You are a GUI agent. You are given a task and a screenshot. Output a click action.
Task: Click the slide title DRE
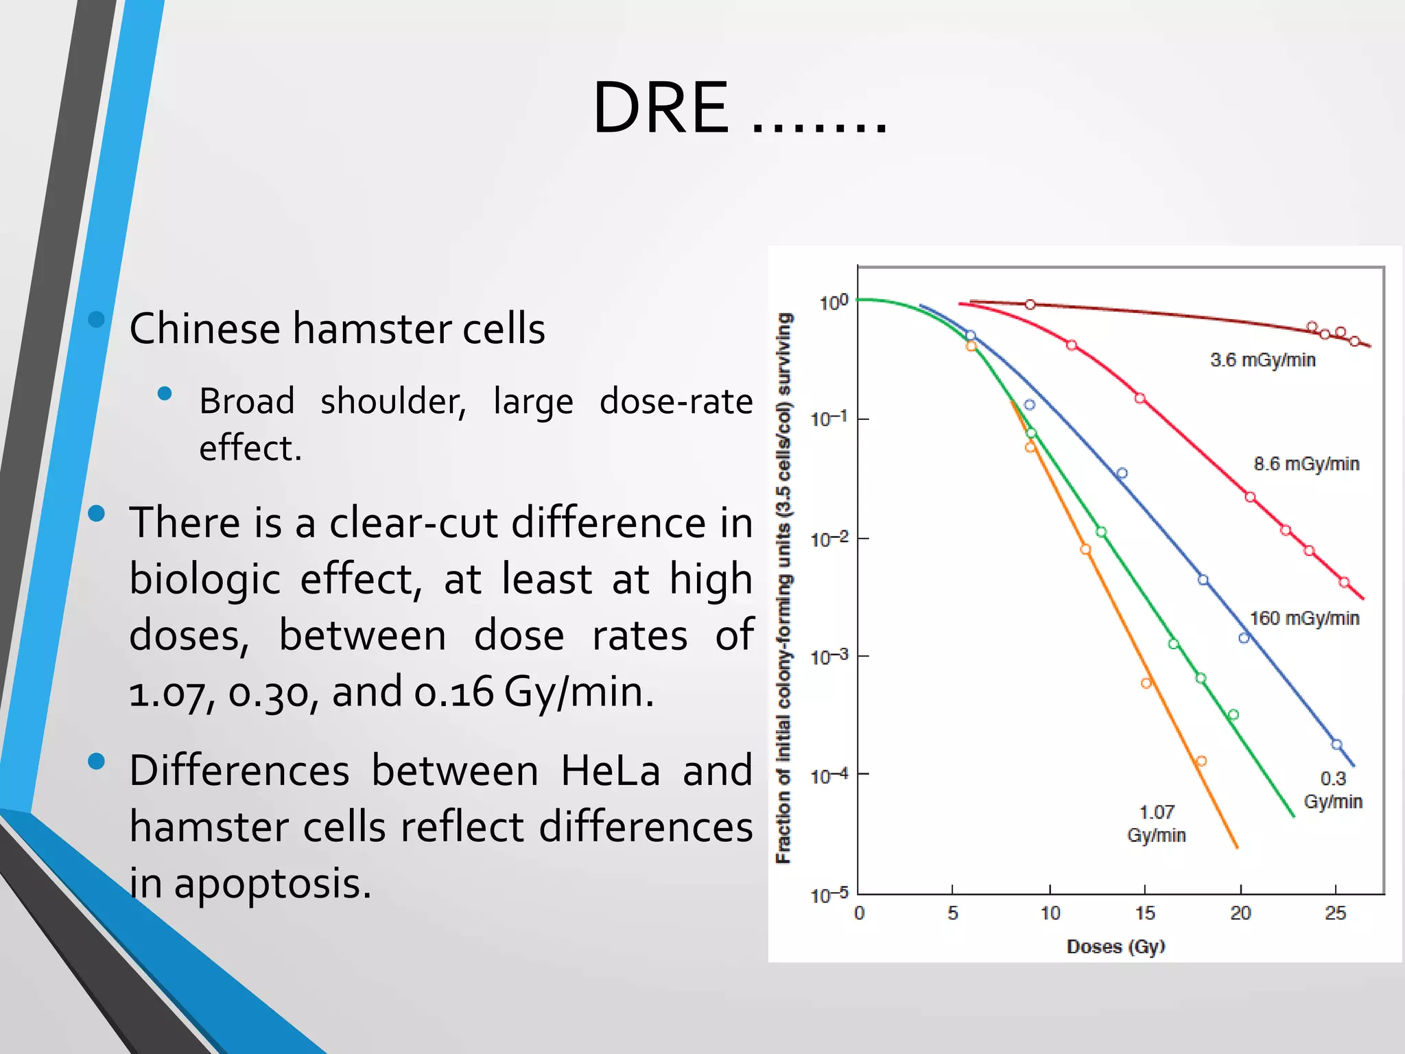(660, 108)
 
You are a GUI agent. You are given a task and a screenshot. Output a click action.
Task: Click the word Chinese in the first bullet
(204, 329)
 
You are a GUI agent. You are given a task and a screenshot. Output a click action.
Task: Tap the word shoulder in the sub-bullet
(392, 401)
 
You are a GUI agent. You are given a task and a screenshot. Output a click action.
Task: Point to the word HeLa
(610, 771)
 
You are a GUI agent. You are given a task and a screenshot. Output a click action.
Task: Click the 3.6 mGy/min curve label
(1262, 360)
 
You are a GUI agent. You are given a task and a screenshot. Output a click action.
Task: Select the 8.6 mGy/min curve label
(1306, 465)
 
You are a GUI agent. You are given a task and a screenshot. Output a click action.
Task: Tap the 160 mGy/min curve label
(1303, 619)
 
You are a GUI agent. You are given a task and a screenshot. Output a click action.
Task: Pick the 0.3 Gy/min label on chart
(1332, 790)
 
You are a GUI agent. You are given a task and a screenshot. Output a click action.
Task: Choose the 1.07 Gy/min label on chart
(1156, 823)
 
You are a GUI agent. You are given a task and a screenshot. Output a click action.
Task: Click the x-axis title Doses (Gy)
(1115, 947)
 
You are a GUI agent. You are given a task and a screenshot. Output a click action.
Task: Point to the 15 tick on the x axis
(1145, 913)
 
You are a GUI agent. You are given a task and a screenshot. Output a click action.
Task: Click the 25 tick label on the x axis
(1335, 913)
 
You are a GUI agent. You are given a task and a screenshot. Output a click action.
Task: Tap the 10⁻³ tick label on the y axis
(829, 657)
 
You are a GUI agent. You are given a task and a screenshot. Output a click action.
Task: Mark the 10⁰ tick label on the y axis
(833, 303)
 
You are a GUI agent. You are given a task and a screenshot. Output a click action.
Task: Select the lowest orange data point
(1201, 761)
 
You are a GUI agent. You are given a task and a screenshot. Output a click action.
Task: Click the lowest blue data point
(1336, 745)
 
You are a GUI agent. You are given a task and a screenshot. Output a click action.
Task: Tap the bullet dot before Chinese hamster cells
(97, 319)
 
